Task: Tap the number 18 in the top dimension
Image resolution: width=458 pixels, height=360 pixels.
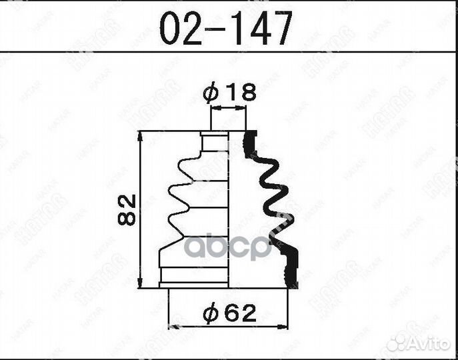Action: tap(240, 93)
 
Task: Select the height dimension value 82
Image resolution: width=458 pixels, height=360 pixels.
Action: tap(129, 209)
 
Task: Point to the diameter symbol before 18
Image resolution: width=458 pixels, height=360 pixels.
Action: tap(211, 94)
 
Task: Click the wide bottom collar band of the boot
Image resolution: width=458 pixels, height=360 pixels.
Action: tap(194, 276)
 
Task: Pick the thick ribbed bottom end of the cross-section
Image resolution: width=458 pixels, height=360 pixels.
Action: tap(288, 270)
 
